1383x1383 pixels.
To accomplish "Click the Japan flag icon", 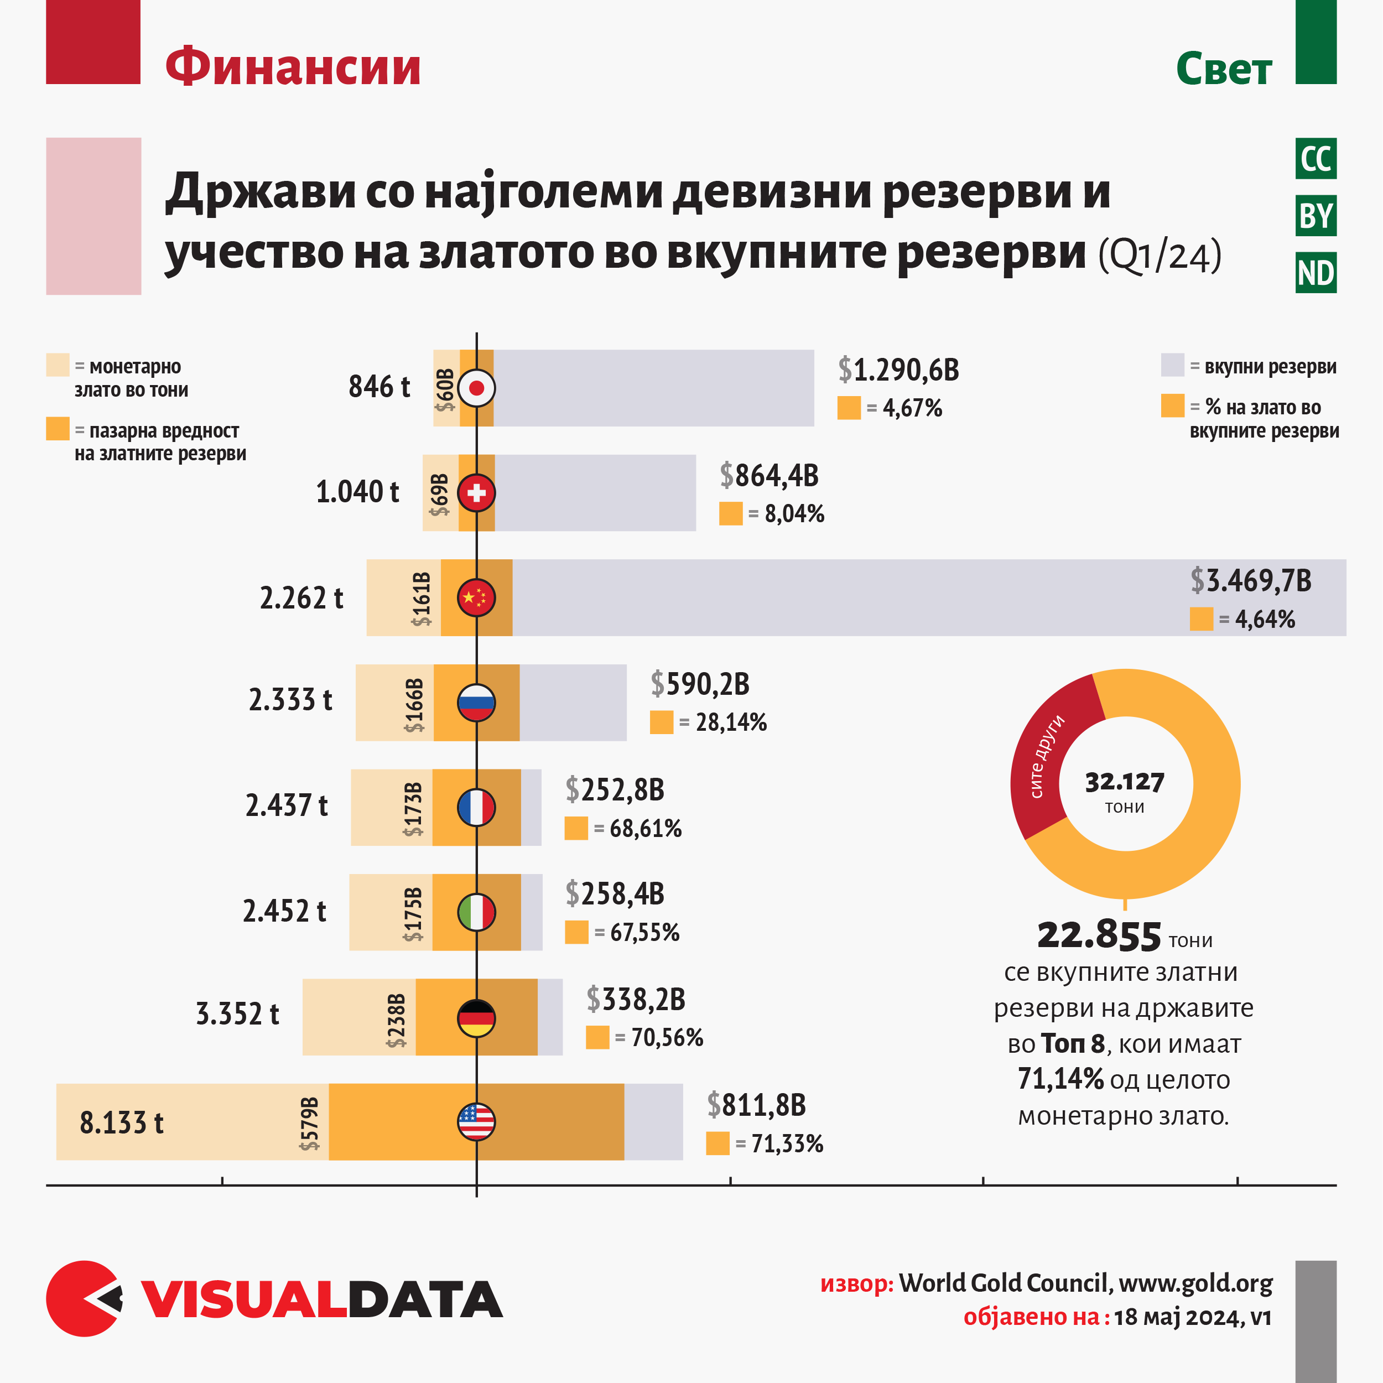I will tap(476, 388).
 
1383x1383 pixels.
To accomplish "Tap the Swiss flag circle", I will tap(476, 492).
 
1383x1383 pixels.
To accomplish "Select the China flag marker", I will tap(476, 597).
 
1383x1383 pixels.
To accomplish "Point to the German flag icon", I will tap(476, 1017).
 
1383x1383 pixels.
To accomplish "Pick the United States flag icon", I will tap(476, 1122).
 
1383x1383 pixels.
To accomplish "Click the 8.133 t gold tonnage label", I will tap(122, 1122).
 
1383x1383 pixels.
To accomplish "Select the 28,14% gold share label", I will tap(731, 722).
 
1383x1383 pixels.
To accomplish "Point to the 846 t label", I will tap(379, 387).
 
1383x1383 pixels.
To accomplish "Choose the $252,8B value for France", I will tap(614, 789).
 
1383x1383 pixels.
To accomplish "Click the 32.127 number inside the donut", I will tap(1125, 782).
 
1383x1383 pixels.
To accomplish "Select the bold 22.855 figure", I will tap(1099, 935).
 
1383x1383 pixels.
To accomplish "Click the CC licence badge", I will tap(1316, 159).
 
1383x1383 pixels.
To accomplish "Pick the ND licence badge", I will tap(1316, 273).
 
